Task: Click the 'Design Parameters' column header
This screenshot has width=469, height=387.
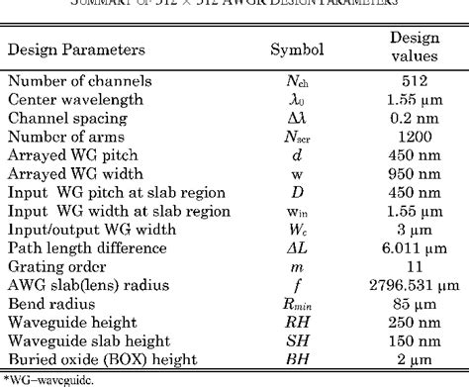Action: click(78, 48)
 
